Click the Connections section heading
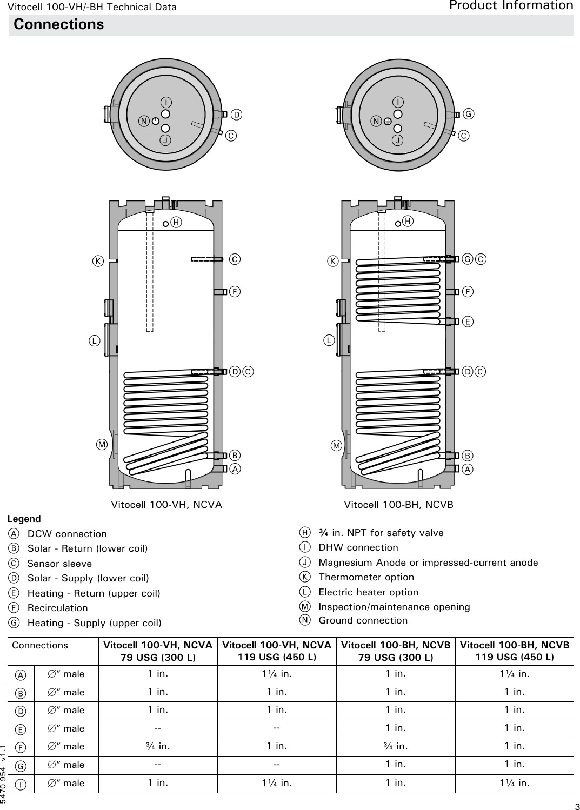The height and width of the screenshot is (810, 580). (58, 25)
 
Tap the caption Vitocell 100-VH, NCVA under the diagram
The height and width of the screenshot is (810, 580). (166, 505)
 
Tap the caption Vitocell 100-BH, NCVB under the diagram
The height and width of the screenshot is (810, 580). (398, 505)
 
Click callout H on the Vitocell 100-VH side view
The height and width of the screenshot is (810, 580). (176, 223)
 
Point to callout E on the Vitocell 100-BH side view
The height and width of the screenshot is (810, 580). (468, 322)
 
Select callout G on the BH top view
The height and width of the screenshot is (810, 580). (469, 114)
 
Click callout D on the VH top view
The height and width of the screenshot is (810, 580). (236, 115)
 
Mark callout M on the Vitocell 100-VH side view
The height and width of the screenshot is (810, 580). (102, 445)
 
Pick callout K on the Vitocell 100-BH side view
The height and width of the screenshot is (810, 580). (333, 262)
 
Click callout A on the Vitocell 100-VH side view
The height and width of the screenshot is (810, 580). (235, 469)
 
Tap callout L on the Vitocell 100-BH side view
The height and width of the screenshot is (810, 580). (329, 340)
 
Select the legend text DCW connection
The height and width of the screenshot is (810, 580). (67, 534)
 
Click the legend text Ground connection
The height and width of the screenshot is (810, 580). (363, 620)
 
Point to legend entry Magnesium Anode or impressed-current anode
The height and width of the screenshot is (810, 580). (428, 563)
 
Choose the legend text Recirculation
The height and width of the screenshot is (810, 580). (57, 608)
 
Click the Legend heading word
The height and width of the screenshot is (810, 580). (24, 519)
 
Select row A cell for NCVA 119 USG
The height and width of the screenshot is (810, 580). (277, 674)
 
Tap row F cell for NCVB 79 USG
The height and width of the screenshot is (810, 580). (396, 746)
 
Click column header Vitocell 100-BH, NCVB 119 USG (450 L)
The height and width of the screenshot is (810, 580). (514, 651)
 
